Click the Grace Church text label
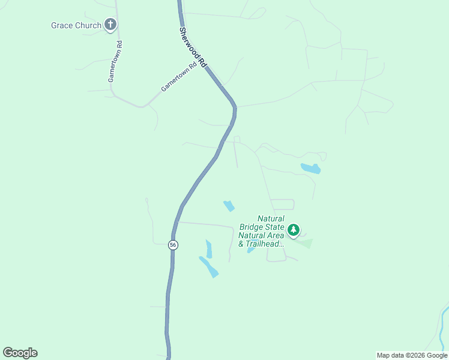coord(76,25)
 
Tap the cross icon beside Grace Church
coord(110,25)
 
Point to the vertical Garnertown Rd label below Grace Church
coord(115,62)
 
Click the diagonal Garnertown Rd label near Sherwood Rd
coord(178,78)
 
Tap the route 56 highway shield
coord(173,245)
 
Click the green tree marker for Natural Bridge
coord(293,230)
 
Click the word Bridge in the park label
coord(252,227)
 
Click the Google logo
coord(20,353)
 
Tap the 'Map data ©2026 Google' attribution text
coord(412,355)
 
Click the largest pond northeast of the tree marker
coord(311,169)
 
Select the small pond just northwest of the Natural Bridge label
coord(229,206)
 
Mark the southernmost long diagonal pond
coord(209,266)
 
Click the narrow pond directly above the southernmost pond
coord(209,248)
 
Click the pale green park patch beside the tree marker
coord(305,243)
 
